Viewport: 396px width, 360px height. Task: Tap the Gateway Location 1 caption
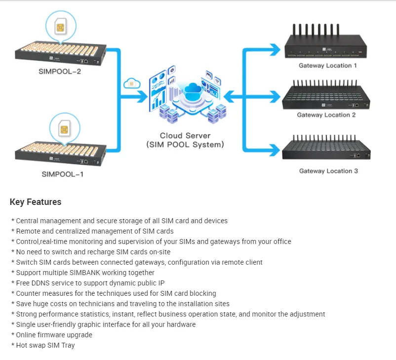click(327, 65)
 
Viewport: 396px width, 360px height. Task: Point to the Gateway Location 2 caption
click(326, 115)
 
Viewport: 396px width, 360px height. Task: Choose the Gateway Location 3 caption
click(328, 171)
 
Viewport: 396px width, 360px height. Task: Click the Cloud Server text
click(185, 135)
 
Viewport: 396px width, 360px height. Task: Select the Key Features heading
click(36, 202)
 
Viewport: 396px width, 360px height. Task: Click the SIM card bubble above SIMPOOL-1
click(63, 129)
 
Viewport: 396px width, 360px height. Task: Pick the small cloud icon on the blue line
click(131, 82)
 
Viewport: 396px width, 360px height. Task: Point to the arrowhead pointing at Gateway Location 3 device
click(275, 147)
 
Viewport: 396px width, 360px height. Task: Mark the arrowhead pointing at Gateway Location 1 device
click(275, 48)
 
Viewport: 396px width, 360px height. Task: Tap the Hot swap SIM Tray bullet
click(45, 345)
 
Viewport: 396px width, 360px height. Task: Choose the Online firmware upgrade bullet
click(54, 335)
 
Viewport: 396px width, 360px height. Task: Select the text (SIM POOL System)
click(185, 145)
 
